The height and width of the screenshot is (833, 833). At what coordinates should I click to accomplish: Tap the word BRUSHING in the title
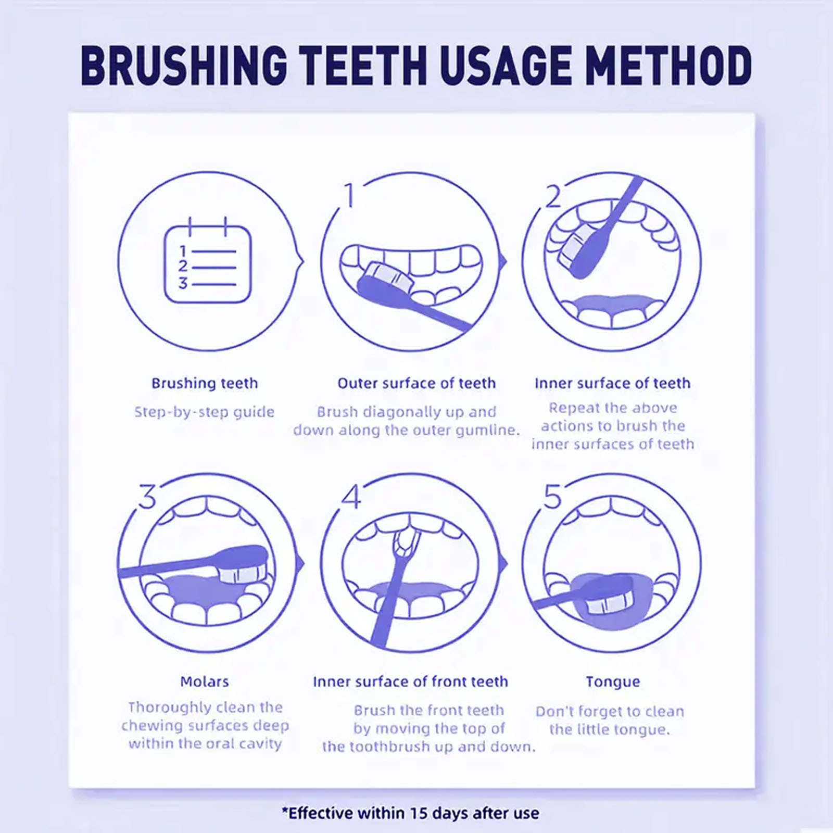(184, 66)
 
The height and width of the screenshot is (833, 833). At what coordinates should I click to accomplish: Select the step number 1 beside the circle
(349, 194)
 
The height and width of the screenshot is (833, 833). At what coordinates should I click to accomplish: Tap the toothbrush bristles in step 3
(244, 573)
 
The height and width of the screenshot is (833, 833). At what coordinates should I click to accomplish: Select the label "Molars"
(204, 681)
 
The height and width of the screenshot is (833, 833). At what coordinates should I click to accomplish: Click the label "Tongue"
(613, 682)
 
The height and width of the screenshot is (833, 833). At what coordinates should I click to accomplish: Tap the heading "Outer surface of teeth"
(416, 383)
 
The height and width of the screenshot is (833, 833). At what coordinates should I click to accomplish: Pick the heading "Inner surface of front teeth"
(410, 681)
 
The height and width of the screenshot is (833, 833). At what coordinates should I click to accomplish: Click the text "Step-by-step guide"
(204, 412)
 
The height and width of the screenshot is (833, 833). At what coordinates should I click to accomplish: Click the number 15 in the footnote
(419, 813)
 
